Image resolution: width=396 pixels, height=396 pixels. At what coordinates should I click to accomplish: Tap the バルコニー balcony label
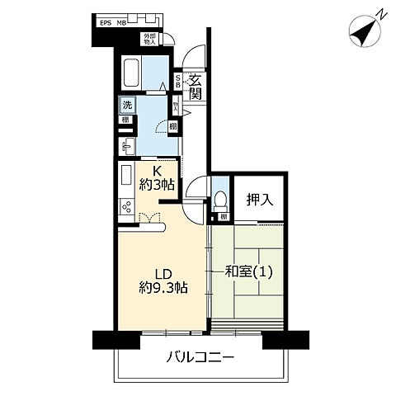coord(200,359)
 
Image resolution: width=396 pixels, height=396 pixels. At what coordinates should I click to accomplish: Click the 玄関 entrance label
coord(196,87)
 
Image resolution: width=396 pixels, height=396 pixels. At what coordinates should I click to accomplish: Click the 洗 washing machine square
coord(127,105)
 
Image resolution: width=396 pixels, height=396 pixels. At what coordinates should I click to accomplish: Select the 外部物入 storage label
coord(148,39)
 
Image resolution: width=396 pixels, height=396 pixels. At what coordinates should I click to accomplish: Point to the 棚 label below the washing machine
coord(125,120)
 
